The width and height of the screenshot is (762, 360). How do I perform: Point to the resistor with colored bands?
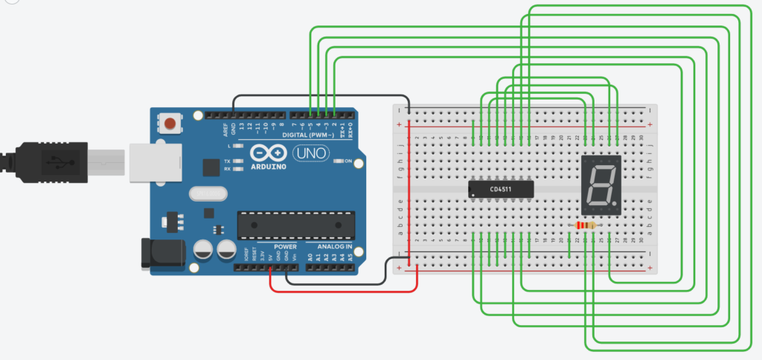point(588,225)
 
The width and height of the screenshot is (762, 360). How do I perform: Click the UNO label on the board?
point(308,153)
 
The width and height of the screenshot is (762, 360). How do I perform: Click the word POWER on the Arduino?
point(285,246)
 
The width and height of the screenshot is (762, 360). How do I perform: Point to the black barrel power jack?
point(160,254)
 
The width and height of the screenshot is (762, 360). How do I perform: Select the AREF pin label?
point(225,130)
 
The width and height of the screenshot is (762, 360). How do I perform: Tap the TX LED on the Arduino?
point(238,160)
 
